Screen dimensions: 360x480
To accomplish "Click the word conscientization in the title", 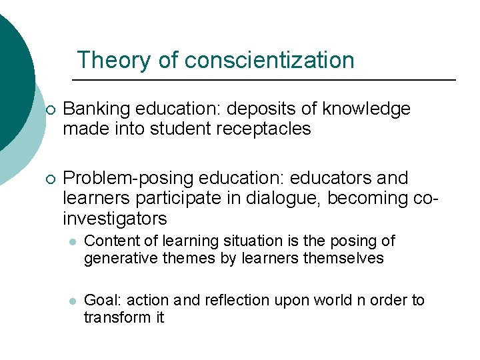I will point(269,60).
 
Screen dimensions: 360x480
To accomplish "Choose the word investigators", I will point(115,219).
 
